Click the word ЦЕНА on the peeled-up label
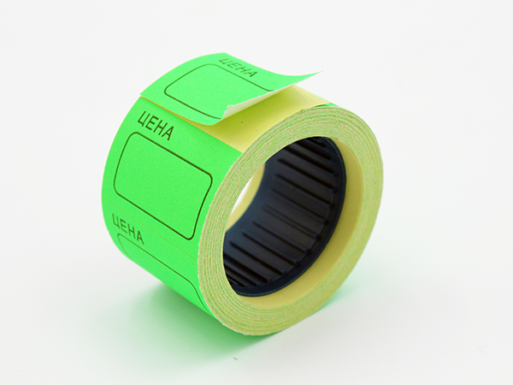click(x=237, y=68)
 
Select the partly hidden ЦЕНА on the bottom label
click(x=128, y=228)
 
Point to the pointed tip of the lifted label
click(x=322, y=71)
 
